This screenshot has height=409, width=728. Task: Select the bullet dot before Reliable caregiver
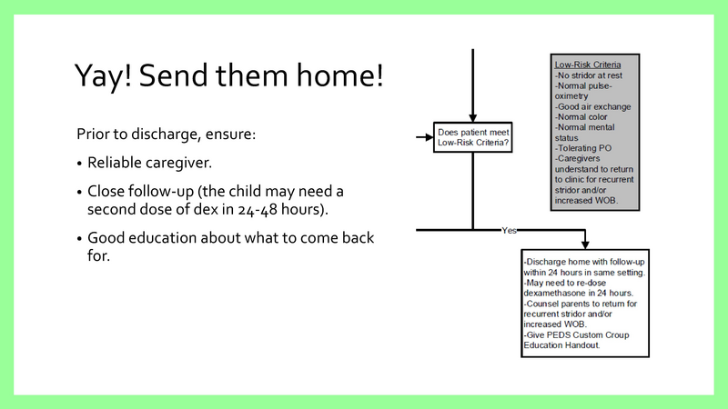click(x=80, y=164)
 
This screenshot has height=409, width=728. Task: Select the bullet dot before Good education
click(x=80, y=238)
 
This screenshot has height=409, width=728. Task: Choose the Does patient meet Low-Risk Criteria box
click(x=472, y=138)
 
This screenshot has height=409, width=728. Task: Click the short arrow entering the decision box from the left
click(x=422, y=138)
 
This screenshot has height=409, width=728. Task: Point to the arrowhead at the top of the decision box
click(x=472, y=117)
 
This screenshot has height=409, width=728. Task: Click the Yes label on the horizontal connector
click(x=509, y=231)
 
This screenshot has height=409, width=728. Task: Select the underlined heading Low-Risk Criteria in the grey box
click(x=589, y=65)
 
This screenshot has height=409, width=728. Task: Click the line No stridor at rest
click(x=591, y=75)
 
